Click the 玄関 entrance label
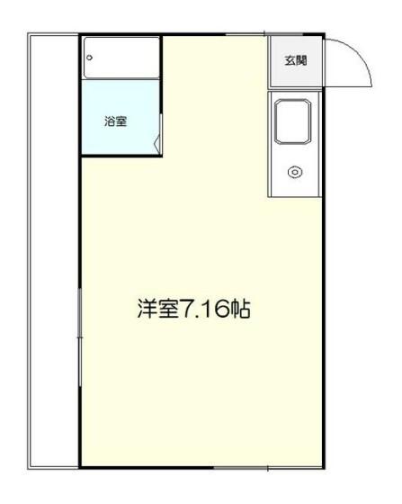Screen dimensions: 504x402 click(296, 61)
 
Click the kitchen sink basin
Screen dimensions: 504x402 click(293, 121)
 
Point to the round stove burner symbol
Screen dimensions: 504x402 click(294, 172)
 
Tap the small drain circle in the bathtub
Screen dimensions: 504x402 click(90, 57)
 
